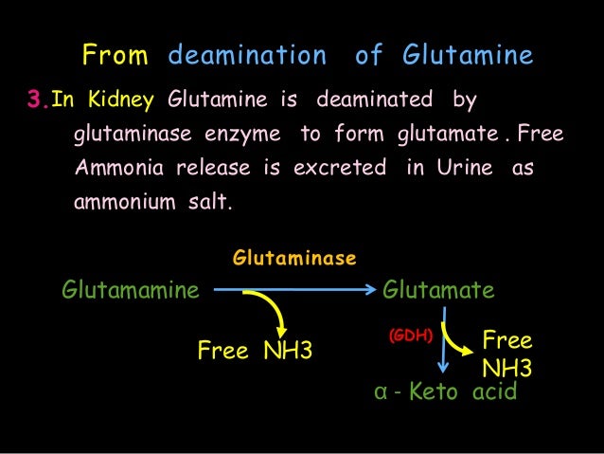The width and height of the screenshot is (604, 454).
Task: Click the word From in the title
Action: (115, 57)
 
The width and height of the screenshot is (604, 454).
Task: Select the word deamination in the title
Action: (247, 57)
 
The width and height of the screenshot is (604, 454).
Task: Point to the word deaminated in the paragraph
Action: (375, 99)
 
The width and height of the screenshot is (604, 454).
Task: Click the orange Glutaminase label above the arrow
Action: (294, 258)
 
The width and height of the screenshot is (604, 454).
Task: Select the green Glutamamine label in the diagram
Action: (131, 289)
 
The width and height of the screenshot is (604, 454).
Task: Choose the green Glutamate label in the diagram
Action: (438, 289)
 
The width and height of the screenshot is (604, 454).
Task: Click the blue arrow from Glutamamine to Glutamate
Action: (293, 290)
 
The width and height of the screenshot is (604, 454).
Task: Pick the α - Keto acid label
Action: (446, 390)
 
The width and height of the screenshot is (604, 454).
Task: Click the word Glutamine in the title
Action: (468, 57)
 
